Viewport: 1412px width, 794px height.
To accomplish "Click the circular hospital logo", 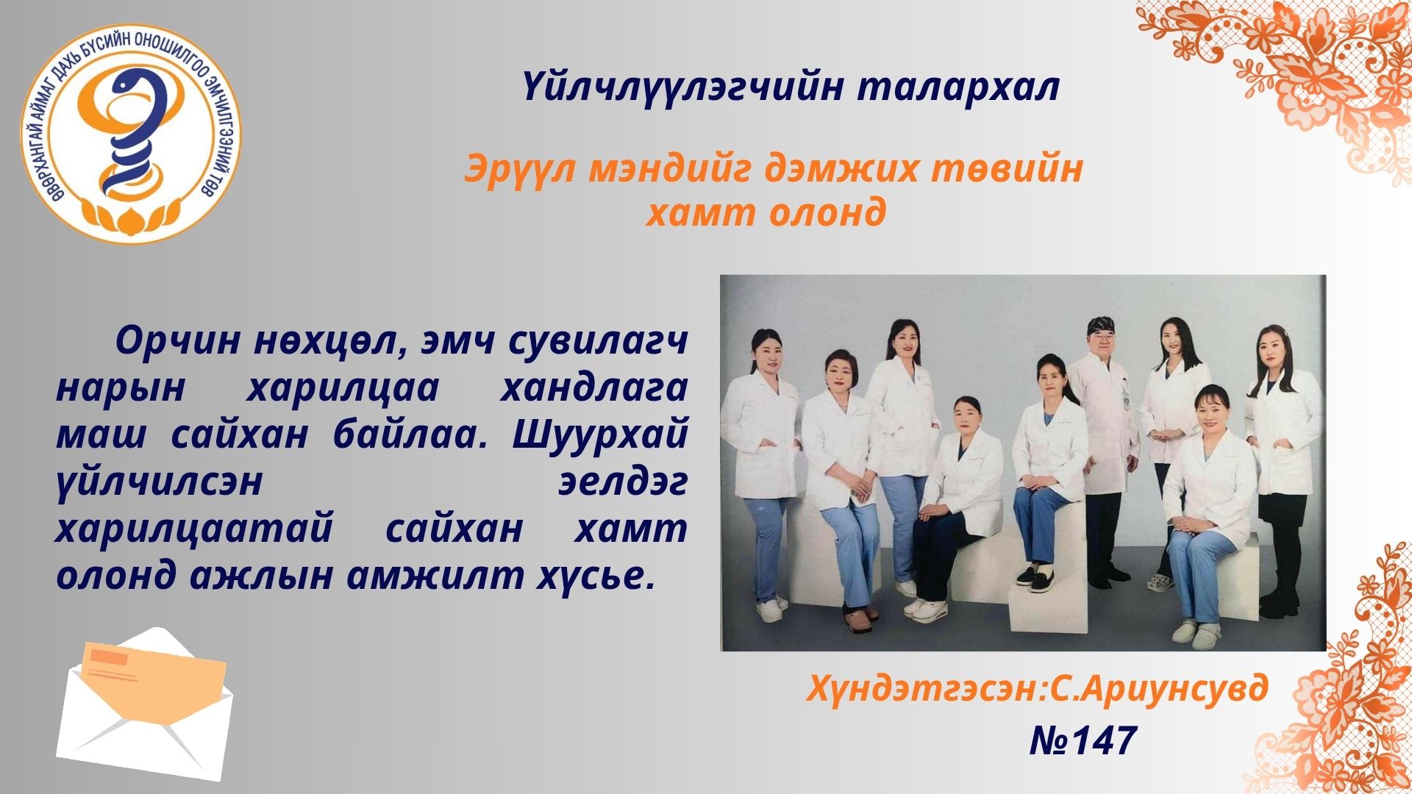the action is pos(131,132).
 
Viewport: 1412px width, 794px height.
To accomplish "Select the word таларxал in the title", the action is pos(958,87).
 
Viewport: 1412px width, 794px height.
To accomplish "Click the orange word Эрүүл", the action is pos(521,170).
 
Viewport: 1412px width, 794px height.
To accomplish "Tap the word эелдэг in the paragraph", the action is pos(623,482).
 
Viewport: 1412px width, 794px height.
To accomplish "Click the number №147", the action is pos(1083,740).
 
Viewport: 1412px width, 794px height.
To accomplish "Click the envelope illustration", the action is pos(145,704).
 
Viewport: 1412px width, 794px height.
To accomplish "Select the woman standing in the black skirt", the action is pos(1280,471).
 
